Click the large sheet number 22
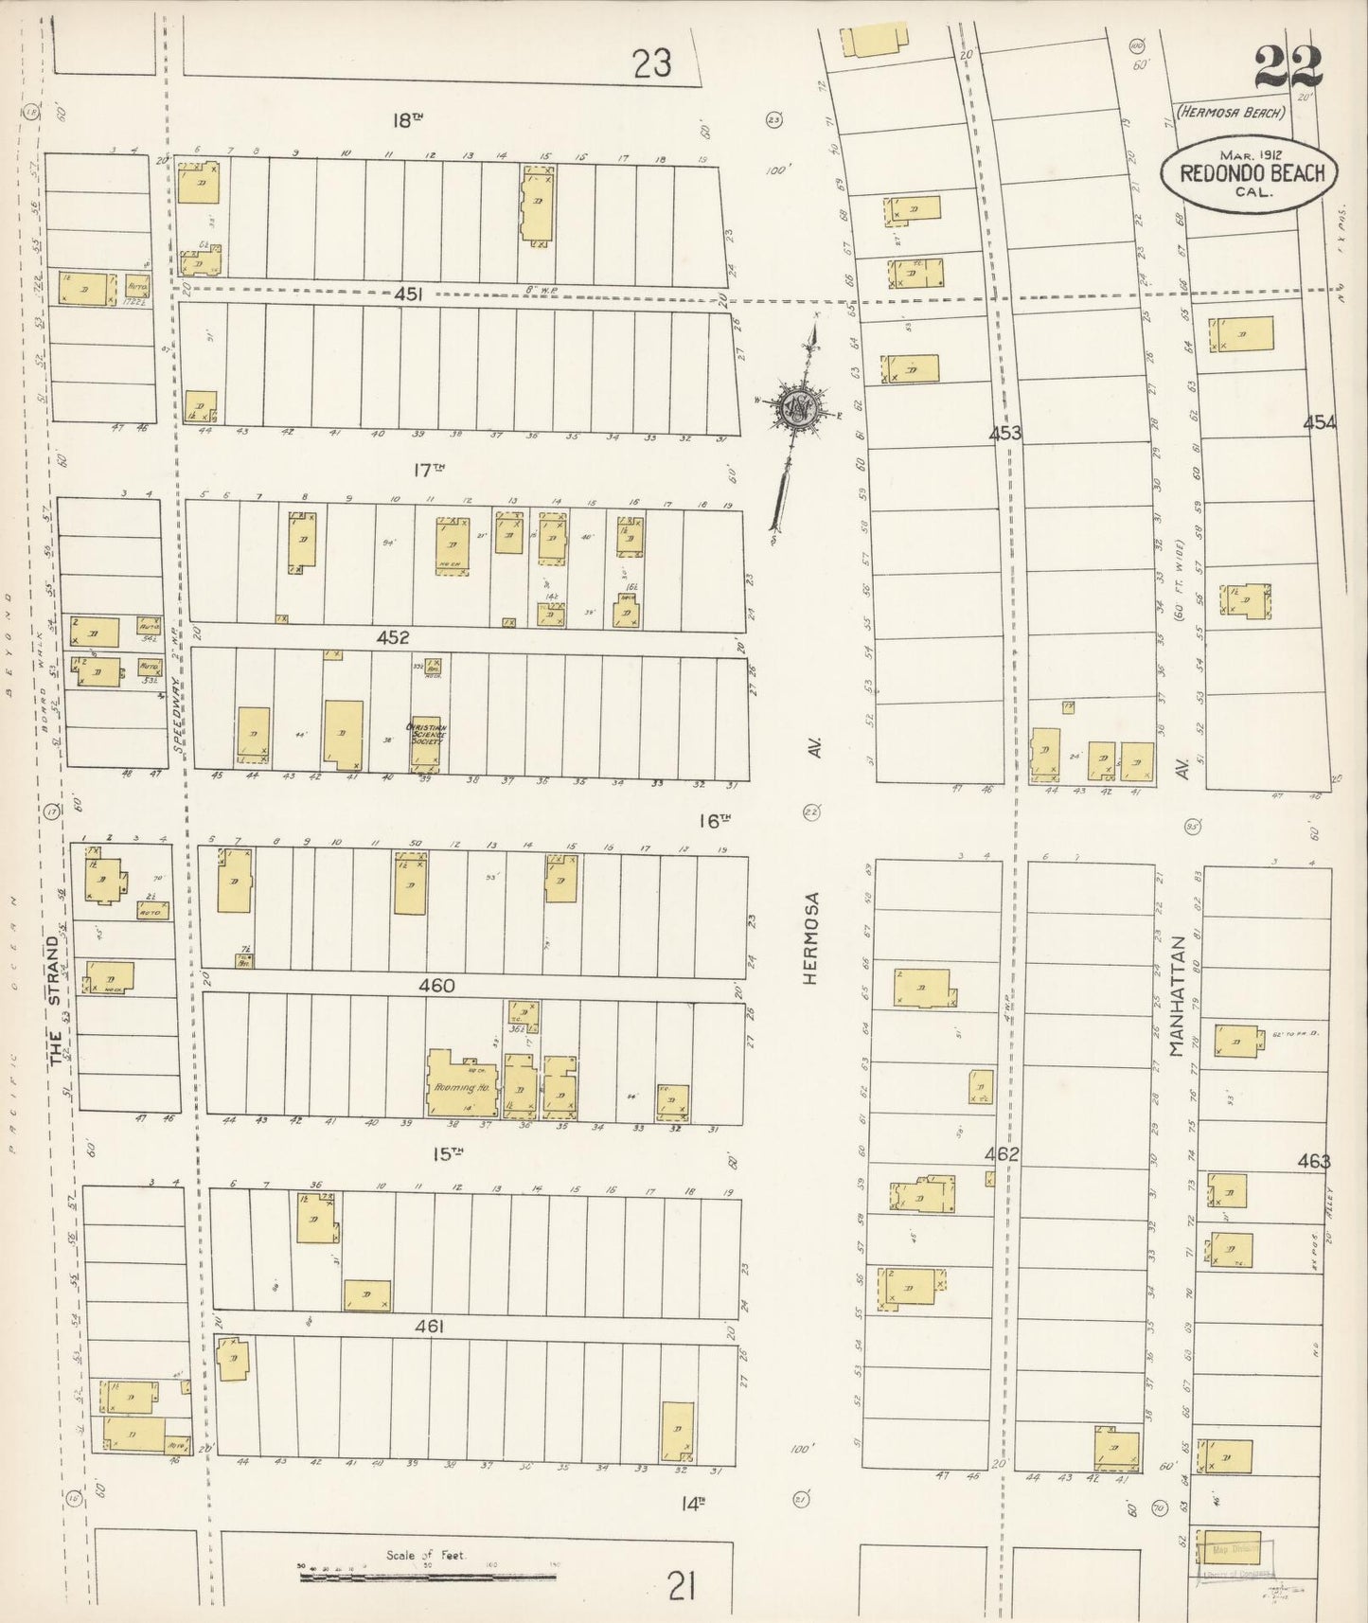pyautogui.click(x=1288, y=67)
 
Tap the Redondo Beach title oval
pyautogui.click(x=1250, y=172)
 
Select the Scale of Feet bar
pyautogui.click(x=427, y=1576)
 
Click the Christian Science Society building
pyautogui.click(x=425, y=743)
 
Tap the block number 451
pyautogui.click(x=408, y=294)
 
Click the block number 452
pyautogui.click(x=392, y=637)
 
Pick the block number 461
pyautogui.click(x=429, y=1328)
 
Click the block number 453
pyautogui.click(x=1005, y=433)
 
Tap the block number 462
pyautogui.click(x=1002, y=1154)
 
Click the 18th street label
pyautogui.click(x=406, y=120)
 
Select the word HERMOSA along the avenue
pyautogui.click(x=810, y=937)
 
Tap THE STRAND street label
pyautogui.click(x=57, y=1002)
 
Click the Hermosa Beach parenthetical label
pyautogui.click(x=1231, y=112)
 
